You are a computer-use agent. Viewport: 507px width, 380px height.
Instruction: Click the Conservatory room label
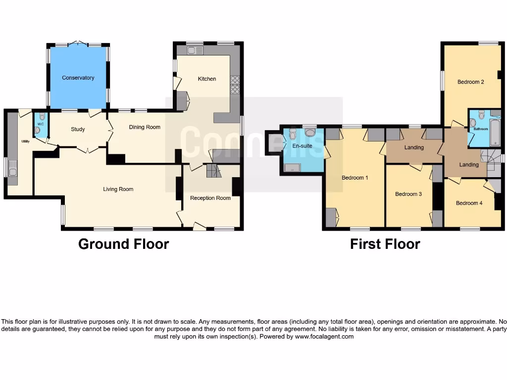click(78, 78)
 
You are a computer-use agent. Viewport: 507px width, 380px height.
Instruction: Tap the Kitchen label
click(207, 79)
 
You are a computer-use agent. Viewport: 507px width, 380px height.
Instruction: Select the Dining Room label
click(145, 127)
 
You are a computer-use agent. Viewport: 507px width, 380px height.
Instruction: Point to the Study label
click(78, 129)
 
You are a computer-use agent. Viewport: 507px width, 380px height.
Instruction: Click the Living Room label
click(118, 189)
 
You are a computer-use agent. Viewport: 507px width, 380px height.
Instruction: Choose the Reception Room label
click(210, 198)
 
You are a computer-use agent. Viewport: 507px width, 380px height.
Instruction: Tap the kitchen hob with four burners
click(235, 85)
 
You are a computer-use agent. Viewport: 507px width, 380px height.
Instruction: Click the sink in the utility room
click(12, 171)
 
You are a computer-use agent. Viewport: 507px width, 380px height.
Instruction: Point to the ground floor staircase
click(212, 171)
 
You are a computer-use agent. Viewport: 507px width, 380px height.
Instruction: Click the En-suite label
click(302, 146)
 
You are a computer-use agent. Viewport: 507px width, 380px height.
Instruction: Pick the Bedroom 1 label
click(355, 178)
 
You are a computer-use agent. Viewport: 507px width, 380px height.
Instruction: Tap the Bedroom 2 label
click(470, 82)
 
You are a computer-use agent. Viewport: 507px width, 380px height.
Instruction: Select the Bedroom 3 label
click(408, 194)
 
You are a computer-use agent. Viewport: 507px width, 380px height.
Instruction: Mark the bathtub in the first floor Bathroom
click(495, 132)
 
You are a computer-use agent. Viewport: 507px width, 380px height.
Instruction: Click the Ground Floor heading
click(123, 244)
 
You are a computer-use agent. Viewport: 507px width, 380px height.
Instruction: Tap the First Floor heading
click(385, 244)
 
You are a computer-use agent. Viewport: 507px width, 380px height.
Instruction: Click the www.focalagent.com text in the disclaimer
click(324, 336)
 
